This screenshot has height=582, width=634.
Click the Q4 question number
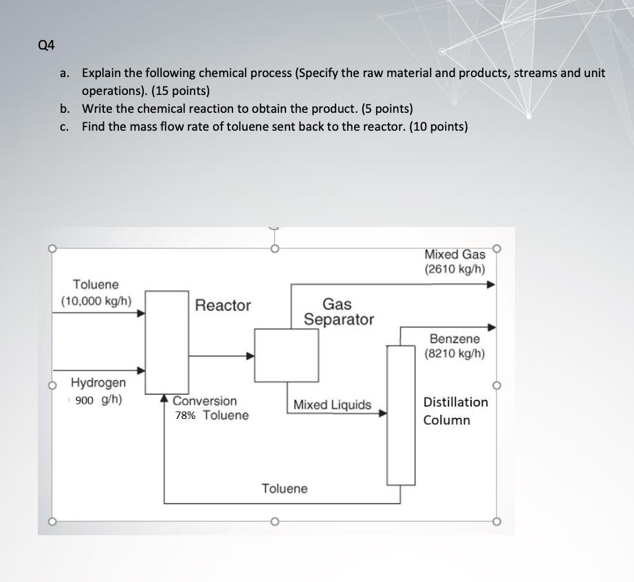tap(46, 46)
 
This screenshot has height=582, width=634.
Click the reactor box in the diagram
tap(167, 344)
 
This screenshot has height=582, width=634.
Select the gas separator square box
tap(286, 355)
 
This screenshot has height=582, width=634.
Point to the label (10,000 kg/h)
tap(96, 301)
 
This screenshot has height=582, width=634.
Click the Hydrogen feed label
tap(99, 382)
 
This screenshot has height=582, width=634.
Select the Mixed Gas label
tap(455, 255)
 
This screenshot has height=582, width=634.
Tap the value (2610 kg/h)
tap(455, 269)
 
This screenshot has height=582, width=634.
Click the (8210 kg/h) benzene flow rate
tap(455, 354)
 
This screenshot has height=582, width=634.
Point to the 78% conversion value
tap(184, 416)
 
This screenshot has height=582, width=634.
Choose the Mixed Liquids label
tap(332, 405)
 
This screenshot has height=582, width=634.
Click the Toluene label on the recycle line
tap(285, 488)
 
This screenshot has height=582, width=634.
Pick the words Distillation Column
tap(455, 411)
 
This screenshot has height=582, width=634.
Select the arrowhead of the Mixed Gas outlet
tap(491, 283)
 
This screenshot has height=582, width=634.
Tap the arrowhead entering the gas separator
tap(251, 356)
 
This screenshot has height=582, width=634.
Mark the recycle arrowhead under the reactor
tap(165, 398)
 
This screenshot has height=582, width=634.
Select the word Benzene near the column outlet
tap(455, 338)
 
